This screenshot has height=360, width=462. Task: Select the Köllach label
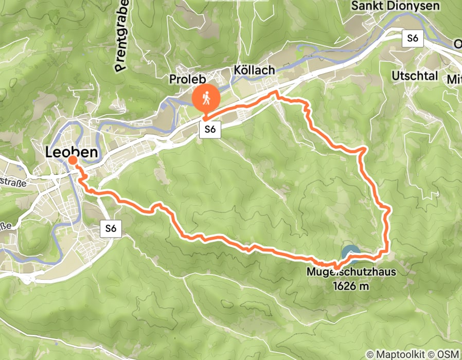pyautogui.click(x=254, y=70)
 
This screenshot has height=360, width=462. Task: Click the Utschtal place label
pyautogui.click(x=415, y=76)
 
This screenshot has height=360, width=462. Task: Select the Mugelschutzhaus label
pyautogui.click(x=351, y=272)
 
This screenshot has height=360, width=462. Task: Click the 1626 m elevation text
pyautogui.click(x=352, y=286)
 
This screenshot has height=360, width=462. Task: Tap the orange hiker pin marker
pyautogui.click(x=206, y=99)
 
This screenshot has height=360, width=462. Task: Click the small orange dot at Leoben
pyautogui.click(x=73, y=160)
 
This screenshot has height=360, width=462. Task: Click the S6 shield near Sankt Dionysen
pyautogui.click(x=413, y=38)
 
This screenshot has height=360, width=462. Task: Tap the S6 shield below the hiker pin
pyautogui.click(x=210, y=130)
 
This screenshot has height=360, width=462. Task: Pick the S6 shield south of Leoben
pyautogui.click(x=111, y=229)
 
